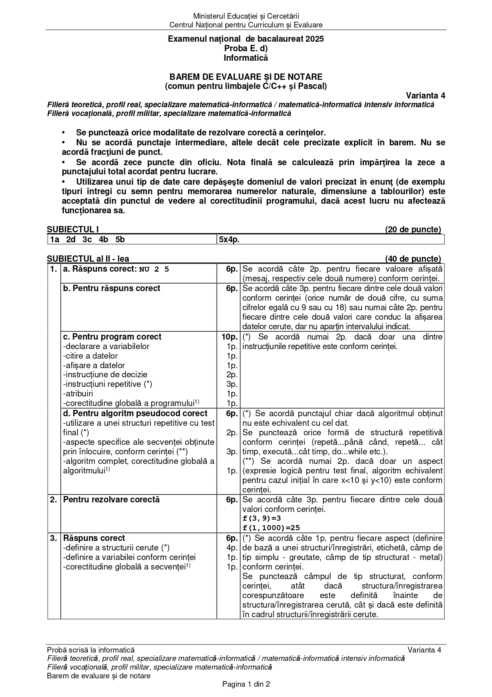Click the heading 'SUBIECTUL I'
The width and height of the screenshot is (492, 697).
[73, 230]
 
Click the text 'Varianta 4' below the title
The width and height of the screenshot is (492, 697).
[425, 96]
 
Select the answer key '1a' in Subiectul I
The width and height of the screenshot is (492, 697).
[55, 239]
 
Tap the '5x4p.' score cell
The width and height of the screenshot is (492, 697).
[229, 239]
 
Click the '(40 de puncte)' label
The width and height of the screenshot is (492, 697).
[413, 259]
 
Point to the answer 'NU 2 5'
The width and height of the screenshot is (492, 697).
[154, 269]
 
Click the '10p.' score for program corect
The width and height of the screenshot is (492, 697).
[229, 337]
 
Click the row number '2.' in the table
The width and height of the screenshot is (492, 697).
[54, 500]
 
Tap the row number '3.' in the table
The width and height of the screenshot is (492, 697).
[54, 538]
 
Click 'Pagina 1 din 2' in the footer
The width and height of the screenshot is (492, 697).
[246, 684]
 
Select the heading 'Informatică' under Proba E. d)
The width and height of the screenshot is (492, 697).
[246, 58]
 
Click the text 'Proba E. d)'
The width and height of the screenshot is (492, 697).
[246, 48]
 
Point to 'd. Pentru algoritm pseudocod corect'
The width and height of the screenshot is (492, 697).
[135, 413]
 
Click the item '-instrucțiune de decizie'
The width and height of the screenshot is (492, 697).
[105, 375]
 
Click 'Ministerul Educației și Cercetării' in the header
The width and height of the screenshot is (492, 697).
[246, 16]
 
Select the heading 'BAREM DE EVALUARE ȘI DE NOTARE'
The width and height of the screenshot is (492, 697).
[246, 77]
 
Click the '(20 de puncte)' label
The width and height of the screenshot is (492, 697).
[413, 230]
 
